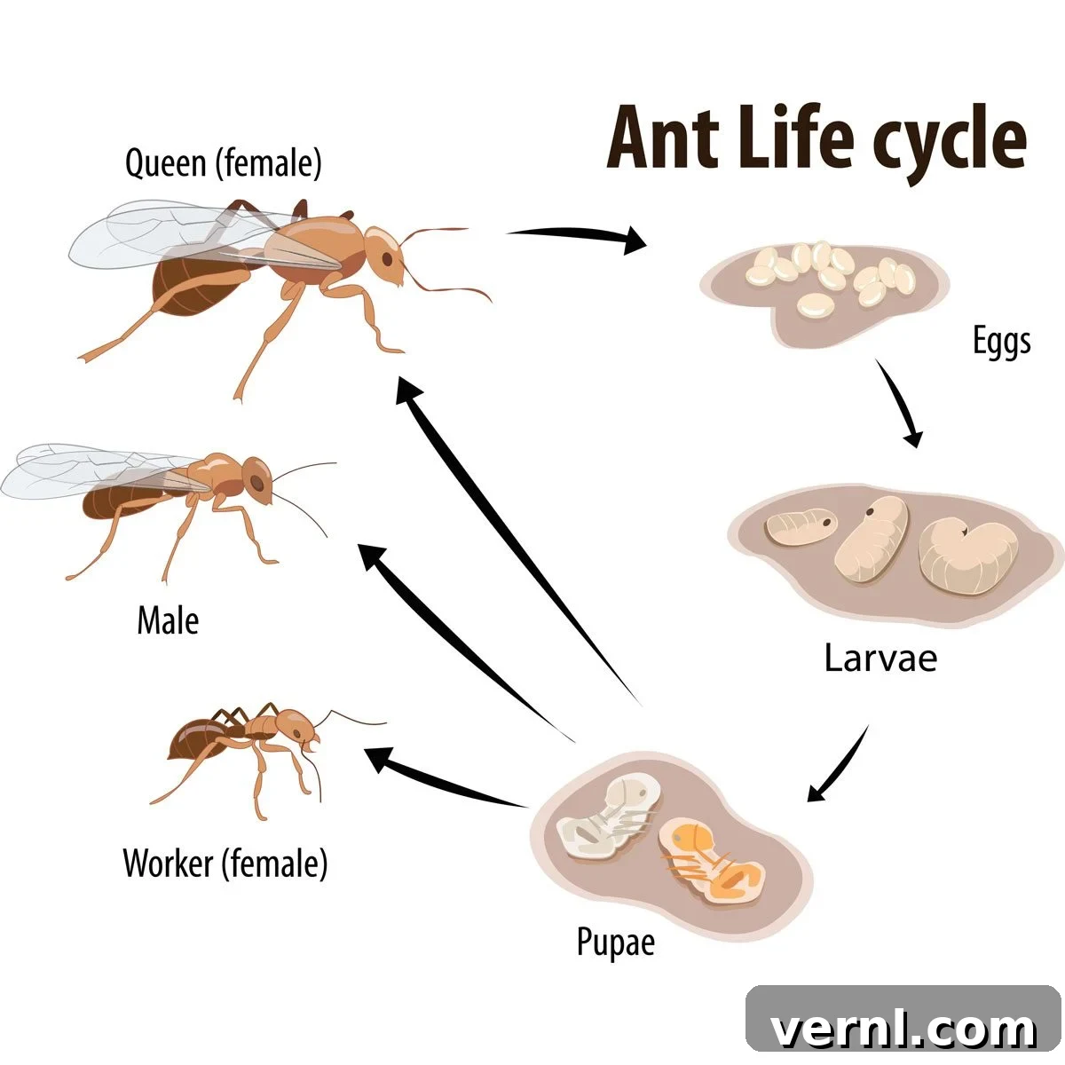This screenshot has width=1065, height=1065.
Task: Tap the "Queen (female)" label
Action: (x=224, y=163)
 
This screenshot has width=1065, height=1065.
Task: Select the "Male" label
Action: (x=168, y=620)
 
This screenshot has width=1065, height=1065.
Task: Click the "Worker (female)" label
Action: (x=225, y=863)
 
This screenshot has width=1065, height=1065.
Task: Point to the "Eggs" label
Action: (x=1001, y=341)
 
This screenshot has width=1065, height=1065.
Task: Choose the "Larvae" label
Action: (x=880, y=658)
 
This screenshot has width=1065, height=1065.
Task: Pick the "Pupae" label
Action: (x=616, y=942)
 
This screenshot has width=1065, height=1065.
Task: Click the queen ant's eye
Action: (x=388, y=259)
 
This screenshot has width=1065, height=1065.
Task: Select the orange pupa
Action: (x=712, y=862)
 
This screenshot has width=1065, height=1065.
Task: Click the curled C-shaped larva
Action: (x=967, y=556)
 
